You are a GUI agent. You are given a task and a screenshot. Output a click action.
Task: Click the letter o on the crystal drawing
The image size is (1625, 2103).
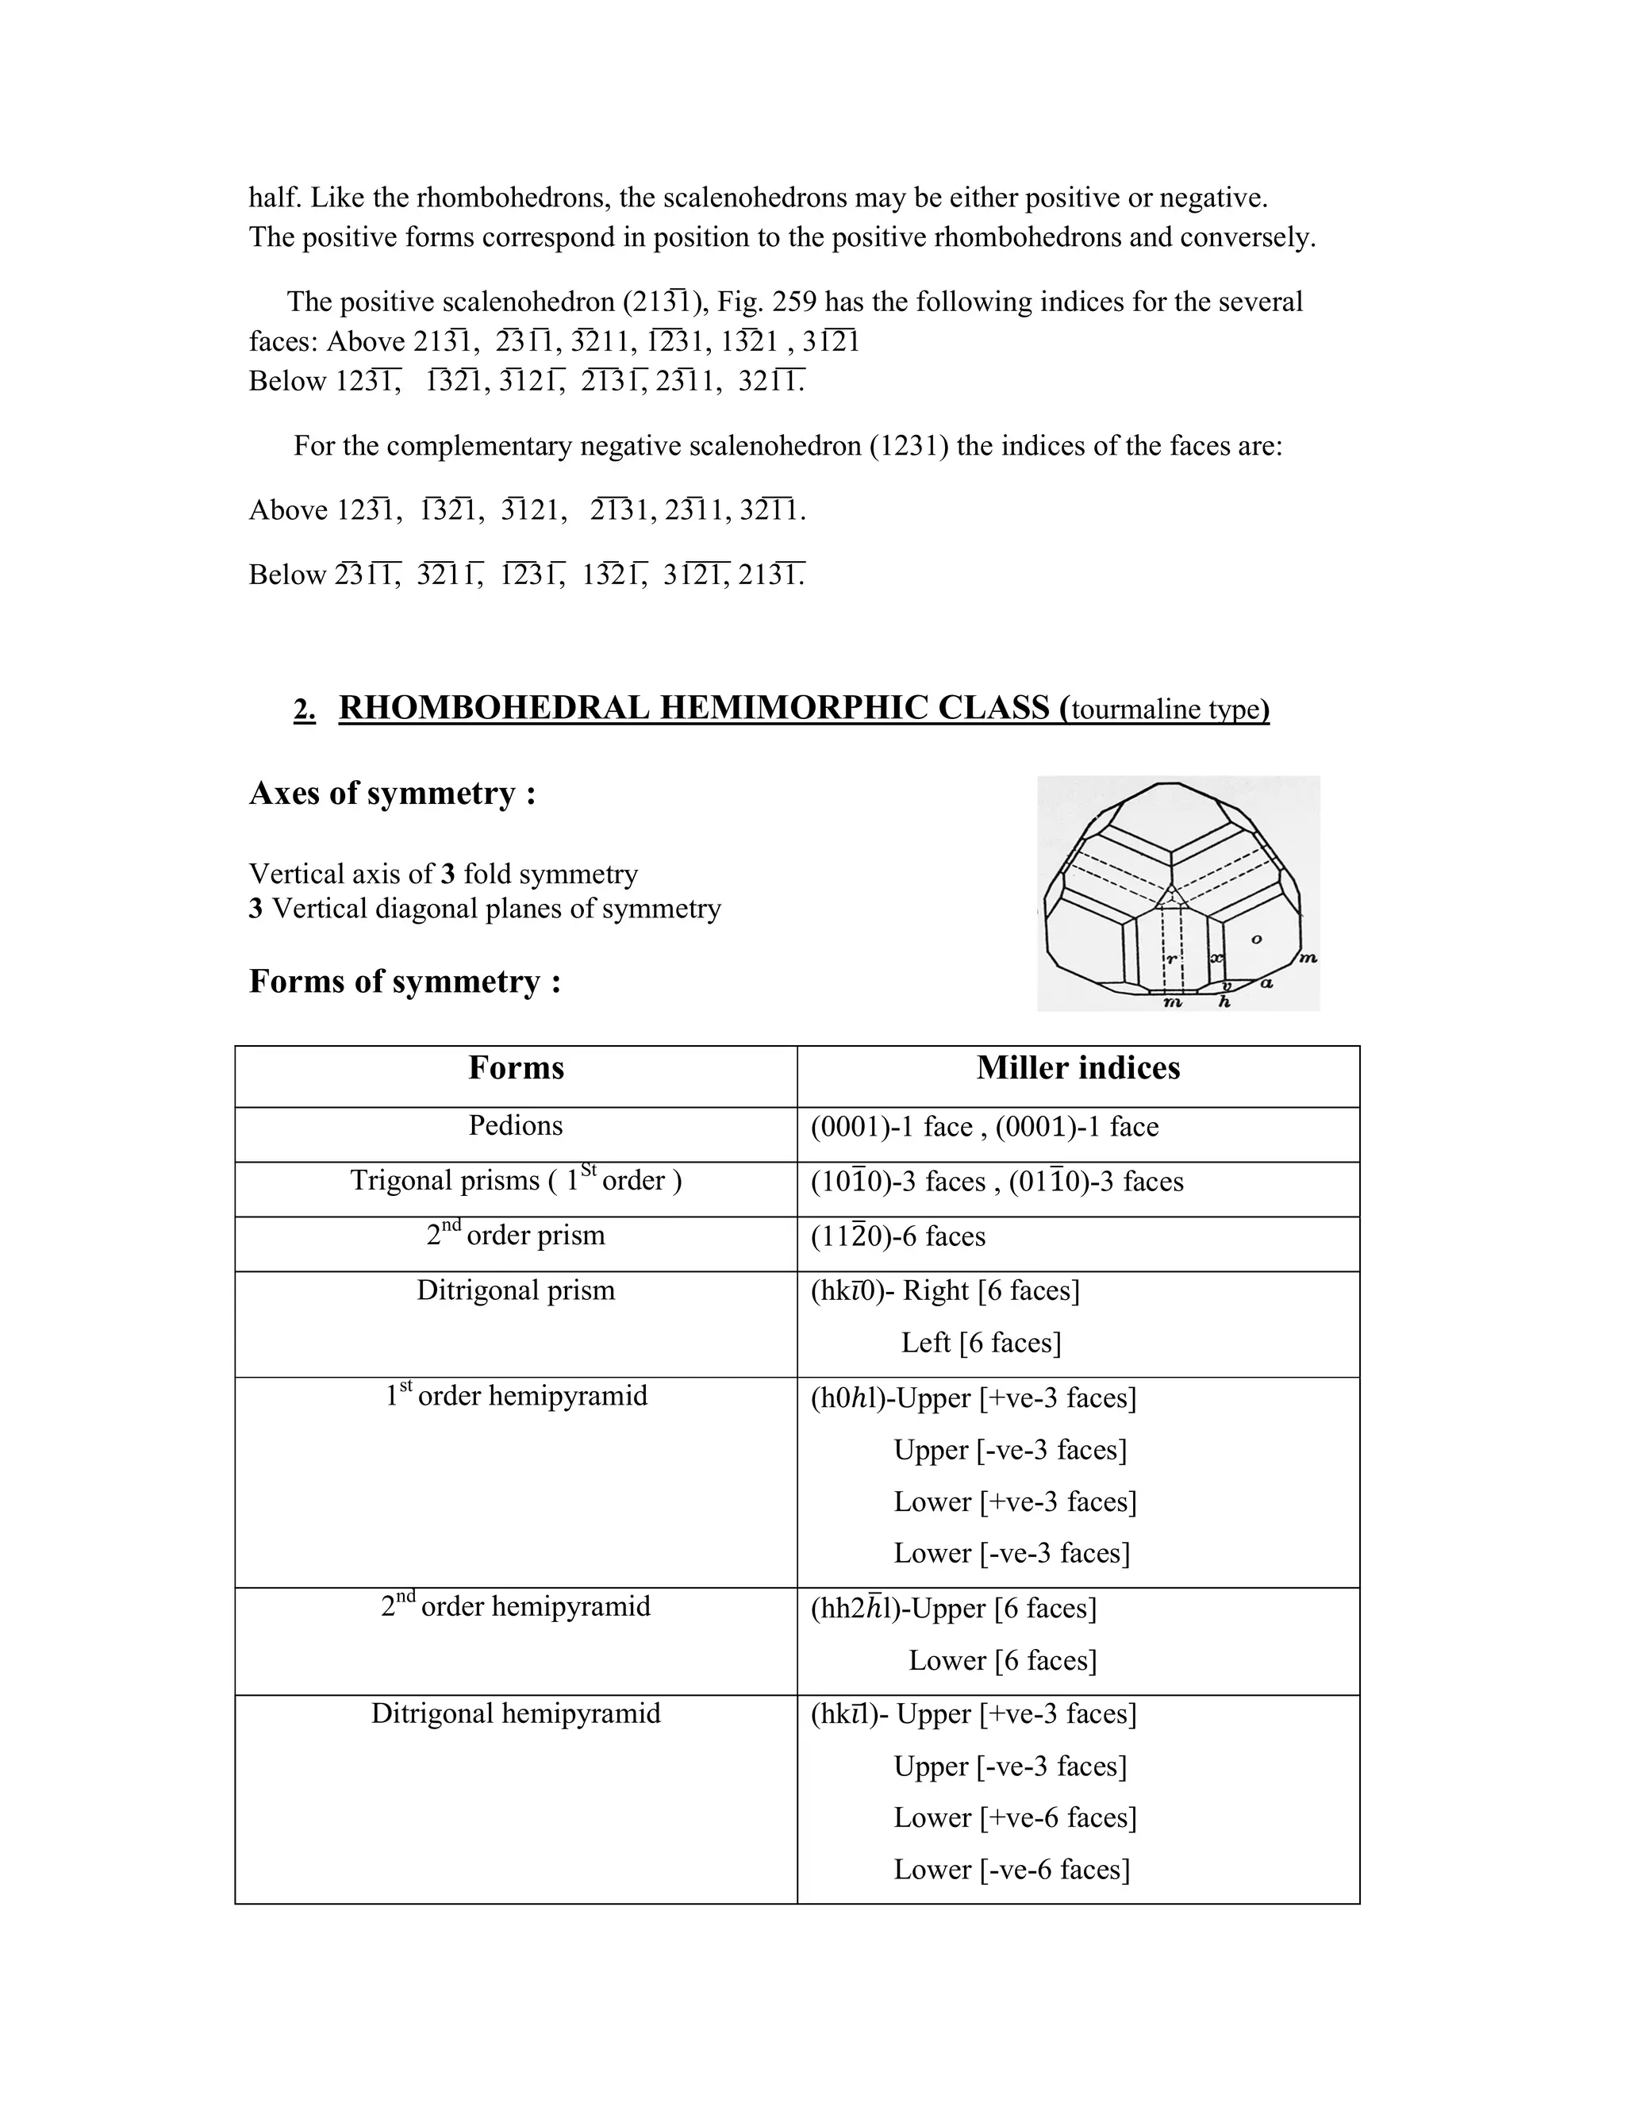(x=1256, y=939)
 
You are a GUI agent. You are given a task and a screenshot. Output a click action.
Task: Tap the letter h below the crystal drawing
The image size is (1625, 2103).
(x=1224, y=1002)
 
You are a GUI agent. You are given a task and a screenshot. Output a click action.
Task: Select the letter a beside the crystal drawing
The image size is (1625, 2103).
(x=1267, y=983)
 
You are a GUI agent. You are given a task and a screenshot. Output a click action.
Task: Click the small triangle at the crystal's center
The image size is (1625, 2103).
(x=1170, y=898)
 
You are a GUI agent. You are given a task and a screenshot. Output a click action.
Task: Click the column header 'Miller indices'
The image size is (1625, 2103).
(x=1078, y=1068)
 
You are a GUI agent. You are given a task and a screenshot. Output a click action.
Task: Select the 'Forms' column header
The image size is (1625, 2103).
(x=516, y=1068)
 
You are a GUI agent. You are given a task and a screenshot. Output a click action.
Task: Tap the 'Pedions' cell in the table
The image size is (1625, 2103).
(x=515, y=1125)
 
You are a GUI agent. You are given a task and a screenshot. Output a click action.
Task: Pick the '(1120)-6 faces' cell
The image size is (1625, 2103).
(x=897, y=1236)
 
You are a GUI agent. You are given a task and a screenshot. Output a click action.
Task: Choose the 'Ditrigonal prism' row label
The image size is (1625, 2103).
(x=515, y=1290)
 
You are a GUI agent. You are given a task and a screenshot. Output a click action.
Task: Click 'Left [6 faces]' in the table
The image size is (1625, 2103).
(x=980, y=1342)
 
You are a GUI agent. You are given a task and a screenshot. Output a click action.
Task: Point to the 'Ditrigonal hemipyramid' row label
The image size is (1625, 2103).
(x=515, y=1714)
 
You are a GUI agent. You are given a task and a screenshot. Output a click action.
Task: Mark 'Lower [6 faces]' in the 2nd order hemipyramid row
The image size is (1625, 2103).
(x=1002, y=1660)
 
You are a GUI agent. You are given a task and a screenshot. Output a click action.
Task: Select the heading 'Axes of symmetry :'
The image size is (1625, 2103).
(x=392, y=794)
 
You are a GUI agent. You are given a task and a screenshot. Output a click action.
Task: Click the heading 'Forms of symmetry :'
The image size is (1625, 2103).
(x=405, y=981)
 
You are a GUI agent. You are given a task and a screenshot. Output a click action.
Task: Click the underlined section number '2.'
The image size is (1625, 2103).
(x=304, y=709)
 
